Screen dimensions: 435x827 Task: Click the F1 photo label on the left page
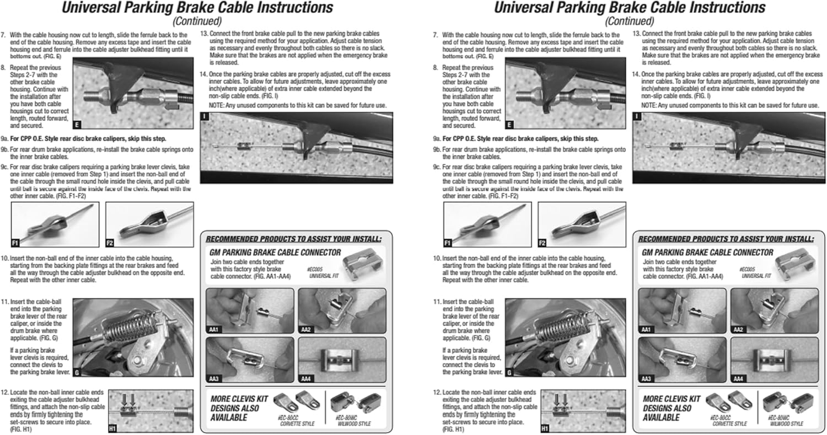15,243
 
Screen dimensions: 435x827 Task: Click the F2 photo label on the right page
542,243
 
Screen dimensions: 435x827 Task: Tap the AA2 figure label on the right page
738,330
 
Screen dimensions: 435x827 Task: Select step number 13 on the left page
204,33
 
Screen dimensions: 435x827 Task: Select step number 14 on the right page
635,74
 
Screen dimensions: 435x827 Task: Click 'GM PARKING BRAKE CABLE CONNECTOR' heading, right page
707,252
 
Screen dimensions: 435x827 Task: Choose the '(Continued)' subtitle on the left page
197,21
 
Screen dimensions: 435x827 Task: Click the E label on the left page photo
77,125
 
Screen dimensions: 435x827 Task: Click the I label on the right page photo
638,116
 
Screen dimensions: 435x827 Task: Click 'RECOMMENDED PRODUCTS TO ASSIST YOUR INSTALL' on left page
294,239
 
